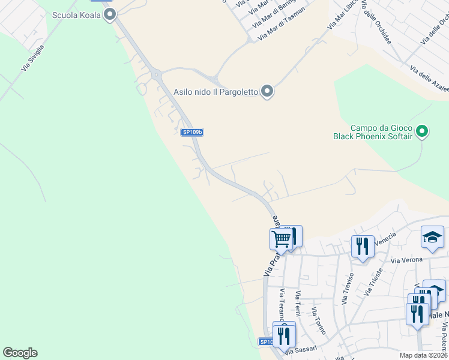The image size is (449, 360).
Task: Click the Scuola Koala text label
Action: (77, 15)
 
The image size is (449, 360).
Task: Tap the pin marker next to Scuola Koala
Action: (109, 15)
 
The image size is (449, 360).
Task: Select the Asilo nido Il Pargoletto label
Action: (215, 92)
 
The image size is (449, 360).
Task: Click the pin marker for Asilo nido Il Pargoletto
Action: (268, 92)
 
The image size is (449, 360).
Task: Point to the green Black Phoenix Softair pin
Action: (422, 131)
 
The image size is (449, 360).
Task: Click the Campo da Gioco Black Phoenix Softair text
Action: (373, 132)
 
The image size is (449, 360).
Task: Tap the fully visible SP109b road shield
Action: (193, 132)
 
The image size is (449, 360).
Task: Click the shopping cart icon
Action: (281, 239)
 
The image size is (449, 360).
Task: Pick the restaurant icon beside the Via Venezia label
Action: (362, 247)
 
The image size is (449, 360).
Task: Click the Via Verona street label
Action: (407, 260)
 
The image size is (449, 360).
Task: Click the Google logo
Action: (20, 353)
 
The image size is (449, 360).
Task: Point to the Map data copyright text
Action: (423, 355)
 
